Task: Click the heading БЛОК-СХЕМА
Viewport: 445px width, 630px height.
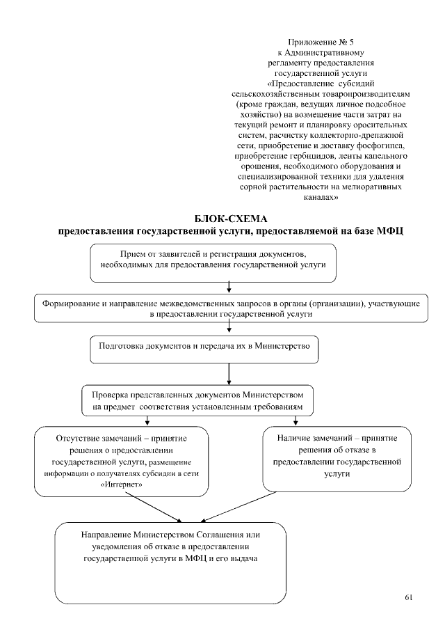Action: tap(229, 219)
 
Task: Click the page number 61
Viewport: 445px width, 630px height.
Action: tap(408, 597)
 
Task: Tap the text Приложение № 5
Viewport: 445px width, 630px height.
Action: tap(321, 43)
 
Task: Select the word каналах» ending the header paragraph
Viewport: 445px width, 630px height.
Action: tap(321, 198)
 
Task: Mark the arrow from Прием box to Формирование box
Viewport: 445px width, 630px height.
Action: tap(229, 288)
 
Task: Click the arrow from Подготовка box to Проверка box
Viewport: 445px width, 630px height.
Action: tap(229, 375)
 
